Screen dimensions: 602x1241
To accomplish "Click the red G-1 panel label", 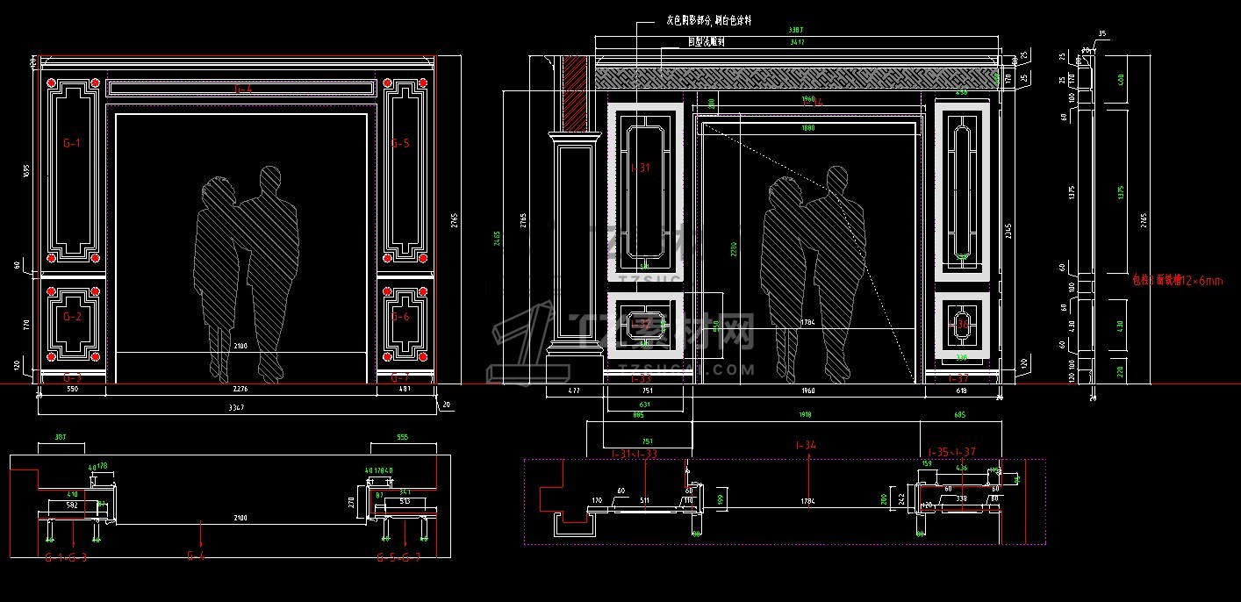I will click(71, 142).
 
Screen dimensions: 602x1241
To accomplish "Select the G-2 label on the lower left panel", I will click(71, 317).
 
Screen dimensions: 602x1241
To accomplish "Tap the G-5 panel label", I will click(400, 143).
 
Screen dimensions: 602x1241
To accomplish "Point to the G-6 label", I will click(400, 317).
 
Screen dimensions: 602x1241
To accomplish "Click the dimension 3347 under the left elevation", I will click(235, 407).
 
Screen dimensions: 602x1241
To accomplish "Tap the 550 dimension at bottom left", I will click(73, 388).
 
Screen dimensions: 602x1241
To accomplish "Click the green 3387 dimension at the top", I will click(795, 31).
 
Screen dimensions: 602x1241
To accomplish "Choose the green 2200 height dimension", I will click(734, 250).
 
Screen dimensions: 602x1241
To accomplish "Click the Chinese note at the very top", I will click(708, 19).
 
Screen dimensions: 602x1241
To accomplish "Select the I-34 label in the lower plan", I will click(806, 446).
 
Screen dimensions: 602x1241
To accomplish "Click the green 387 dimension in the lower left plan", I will click(60, 437).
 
